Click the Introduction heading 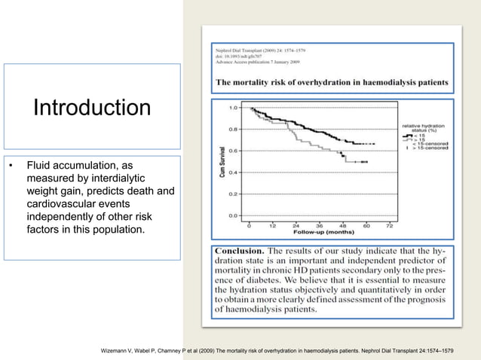pyautogui.click(x=91, y=108)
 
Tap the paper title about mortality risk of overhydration pyautogui.click(x=332, y=81)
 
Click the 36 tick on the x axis pyautogui.click(x=319, y=225)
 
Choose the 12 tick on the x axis pyautogui.click(x=273, y=225)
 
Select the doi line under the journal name pyautogui.click(x=247, y=55)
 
